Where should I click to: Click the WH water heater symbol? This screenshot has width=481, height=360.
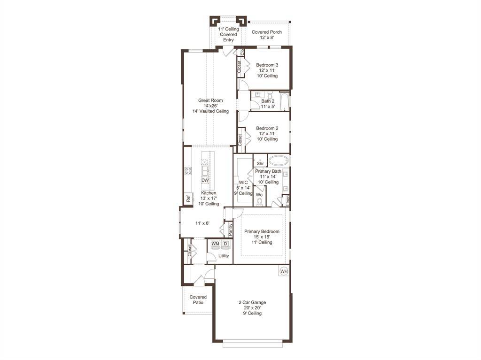284,271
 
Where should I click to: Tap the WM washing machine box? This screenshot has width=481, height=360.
215,244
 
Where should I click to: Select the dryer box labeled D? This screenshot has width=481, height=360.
225,244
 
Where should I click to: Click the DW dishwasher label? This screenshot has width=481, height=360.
205,180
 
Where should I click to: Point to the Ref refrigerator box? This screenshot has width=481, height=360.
188,199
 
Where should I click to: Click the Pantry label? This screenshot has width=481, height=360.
230,229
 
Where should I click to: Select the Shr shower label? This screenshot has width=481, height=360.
260,163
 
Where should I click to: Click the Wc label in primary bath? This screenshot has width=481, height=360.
259,194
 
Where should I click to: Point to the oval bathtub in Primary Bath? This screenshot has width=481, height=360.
279,160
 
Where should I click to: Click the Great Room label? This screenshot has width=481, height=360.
210,100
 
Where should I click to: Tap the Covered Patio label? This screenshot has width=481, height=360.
198,300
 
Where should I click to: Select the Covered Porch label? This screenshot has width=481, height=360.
267,32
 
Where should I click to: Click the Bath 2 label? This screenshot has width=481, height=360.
268,101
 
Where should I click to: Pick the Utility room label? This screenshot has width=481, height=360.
224,256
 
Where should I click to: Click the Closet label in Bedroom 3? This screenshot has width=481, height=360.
239,67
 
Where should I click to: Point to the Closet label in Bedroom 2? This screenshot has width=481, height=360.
240,140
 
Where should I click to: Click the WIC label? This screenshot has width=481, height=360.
243,182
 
